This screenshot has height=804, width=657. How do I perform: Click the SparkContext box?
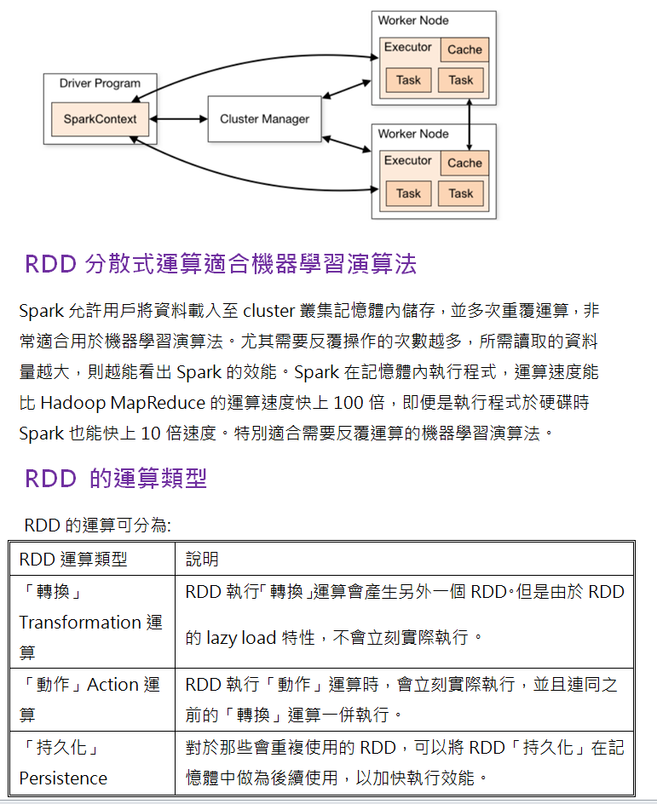coord(100,119)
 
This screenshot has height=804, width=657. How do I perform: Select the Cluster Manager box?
coord(264,119)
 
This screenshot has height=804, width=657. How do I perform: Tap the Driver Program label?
coord(100,83)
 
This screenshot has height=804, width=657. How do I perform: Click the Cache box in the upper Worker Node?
coord(464,49)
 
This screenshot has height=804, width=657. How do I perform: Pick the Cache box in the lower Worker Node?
coord(464,163)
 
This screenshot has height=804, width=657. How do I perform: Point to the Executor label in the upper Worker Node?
coord(407,48)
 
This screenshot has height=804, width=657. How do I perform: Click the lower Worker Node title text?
coord(413,134)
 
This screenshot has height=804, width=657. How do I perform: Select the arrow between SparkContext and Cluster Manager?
coord(178,119)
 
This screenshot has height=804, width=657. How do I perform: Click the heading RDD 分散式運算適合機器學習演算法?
coord(221,264)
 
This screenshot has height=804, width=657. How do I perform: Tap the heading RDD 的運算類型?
coord(116,479)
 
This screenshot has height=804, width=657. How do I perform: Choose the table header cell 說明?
coord(202,559)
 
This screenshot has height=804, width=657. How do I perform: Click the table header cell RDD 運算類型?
coord(73,559)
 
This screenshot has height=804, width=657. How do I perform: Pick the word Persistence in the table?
coord(63,778)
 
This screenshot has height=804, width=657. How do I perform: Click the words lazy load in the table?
coord(241,637)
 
